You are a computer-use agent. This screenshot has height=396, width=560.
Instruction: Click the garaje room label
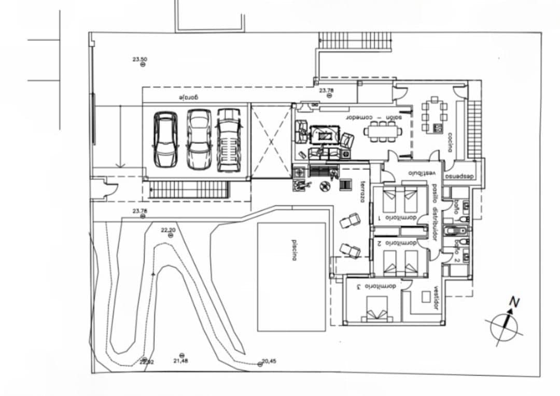pyautogui.click(x=190, y=98)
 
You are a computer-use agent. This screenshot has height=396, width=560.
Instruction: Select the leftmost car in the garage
pyautogui.click(x=165, y=139)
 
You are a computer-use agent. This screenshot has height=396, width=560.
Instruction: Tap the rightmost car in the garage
pyautogui.click(x=229, y=139)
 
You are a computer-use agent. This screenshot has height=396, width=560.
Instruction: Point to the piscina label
pyautogui.click(x=293, y=250)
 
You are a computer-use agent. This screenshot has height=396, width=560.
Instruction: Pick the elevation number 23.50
pyautogui.click(x=139, y=59)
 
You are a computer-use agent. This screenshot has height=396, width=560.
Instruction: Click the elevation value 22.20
pyautogui.click(x=169, y=230)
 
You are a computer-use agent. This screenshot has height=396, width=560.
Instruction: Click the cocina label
pyautogui.click(x=450, y=142)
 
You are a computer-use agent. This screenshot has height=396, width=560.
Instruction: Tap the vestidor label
pyautogui.click(x=437, y=298)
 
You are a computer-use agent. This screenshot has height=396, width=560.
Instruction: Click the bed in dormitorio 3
pyautogui.click(x=377, y=309)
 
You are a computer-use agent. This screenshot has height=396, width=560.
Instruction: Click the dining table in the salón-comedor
pyautogui.click(x=383, y=131)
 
